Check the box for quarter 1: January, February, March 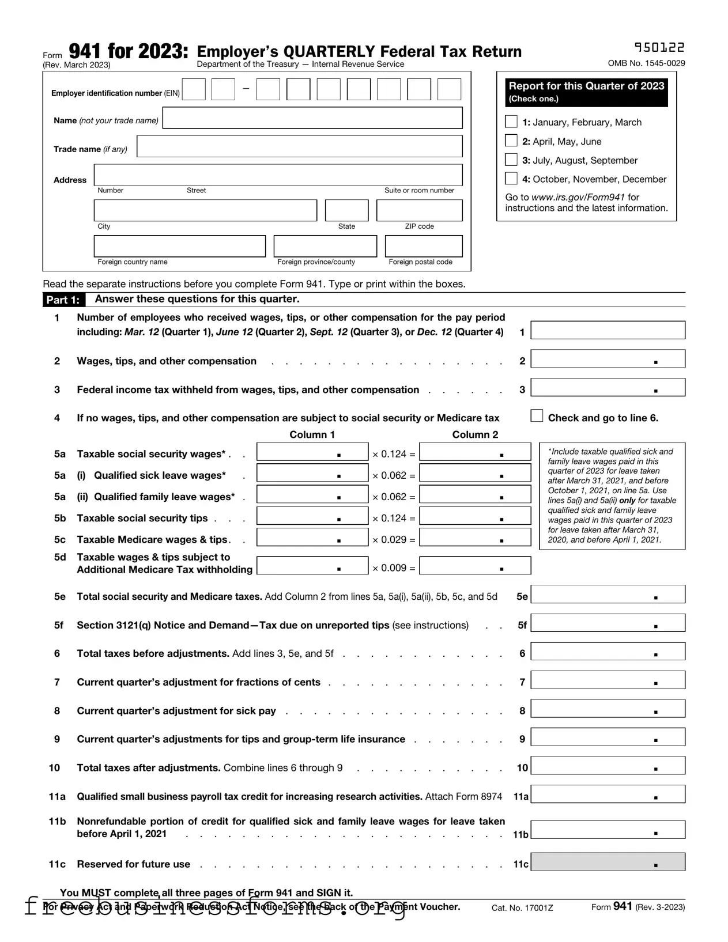[x=511, y=122]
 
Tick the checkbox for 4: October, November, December [x=511, y=178]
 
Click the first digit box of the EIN [x=194, y=90]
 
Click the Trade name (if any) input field [x=299, y=146]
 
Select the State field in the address [x=346, y=210]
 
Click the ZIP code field [x=419, y=210]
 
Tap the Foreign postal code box [x=423, y=246]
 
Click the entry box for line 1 [x=608, y=330]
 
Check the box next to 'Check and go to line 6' [x=537, y=416]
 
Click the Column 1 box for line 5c [x=312, y=537]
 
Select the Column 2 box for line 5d [x=474, y=566]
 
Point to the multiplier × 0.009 [x=393, y=568]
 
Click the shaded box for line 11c [x=608, y=862]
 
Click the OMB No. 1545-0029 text [x=646, y=63]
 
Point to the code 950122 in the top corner [x=659, y=48]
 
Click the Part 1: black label [x=63, y=300]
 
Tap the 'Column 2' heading [x=475, y=434]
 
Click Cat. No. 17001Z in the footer [x=522, y=908]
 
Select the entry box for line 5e [x=608, y=595]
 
